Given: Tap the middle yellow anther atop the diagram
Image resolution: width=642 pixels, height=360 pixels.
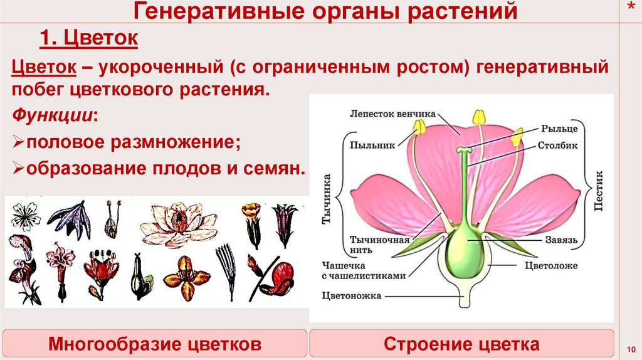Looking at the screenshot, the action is [x=480, y=117].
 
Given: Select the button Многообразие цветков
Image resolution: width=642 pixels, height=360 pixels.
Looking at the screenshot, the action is [x=155, y=344].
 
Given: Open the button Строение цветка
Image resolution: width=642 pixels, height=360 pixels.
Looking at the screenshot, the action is [x=461, y=344].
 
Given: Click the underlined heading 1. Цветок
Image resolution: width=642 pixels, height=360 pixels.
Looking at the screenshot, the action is [x=89, y=40].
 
